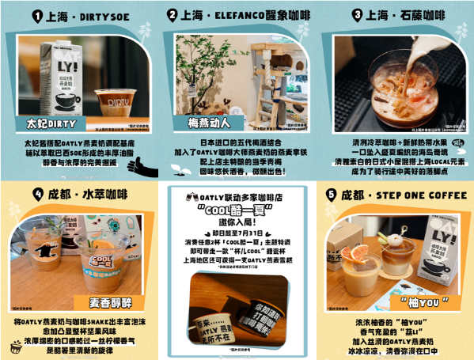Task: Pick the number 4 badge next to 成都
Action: [36, 194]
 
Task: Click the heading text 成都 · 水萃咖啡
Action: [86, 194]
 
